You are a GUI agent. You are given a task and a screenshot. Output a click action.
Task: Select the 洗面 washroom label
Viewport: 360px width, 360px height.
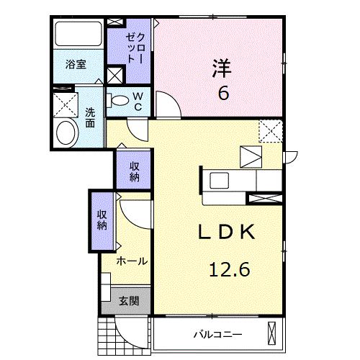click(x=90, y=117)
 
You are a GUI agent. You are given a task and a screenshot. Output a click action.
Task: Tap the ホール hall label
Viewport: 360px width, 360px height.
click(x=132, y=261)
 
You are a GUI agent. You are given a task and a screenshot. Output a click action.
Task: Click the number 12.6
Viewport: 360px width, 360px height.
click(x=230, y=270)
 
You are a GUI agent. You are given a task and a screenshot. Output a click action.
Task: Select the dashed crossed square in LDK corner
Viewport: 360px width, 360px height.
click(x=271, y=132)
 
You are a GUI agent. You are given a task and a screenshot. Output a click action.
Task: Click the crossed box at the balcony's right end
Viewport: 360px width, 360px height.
click(x=272, y=333)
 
